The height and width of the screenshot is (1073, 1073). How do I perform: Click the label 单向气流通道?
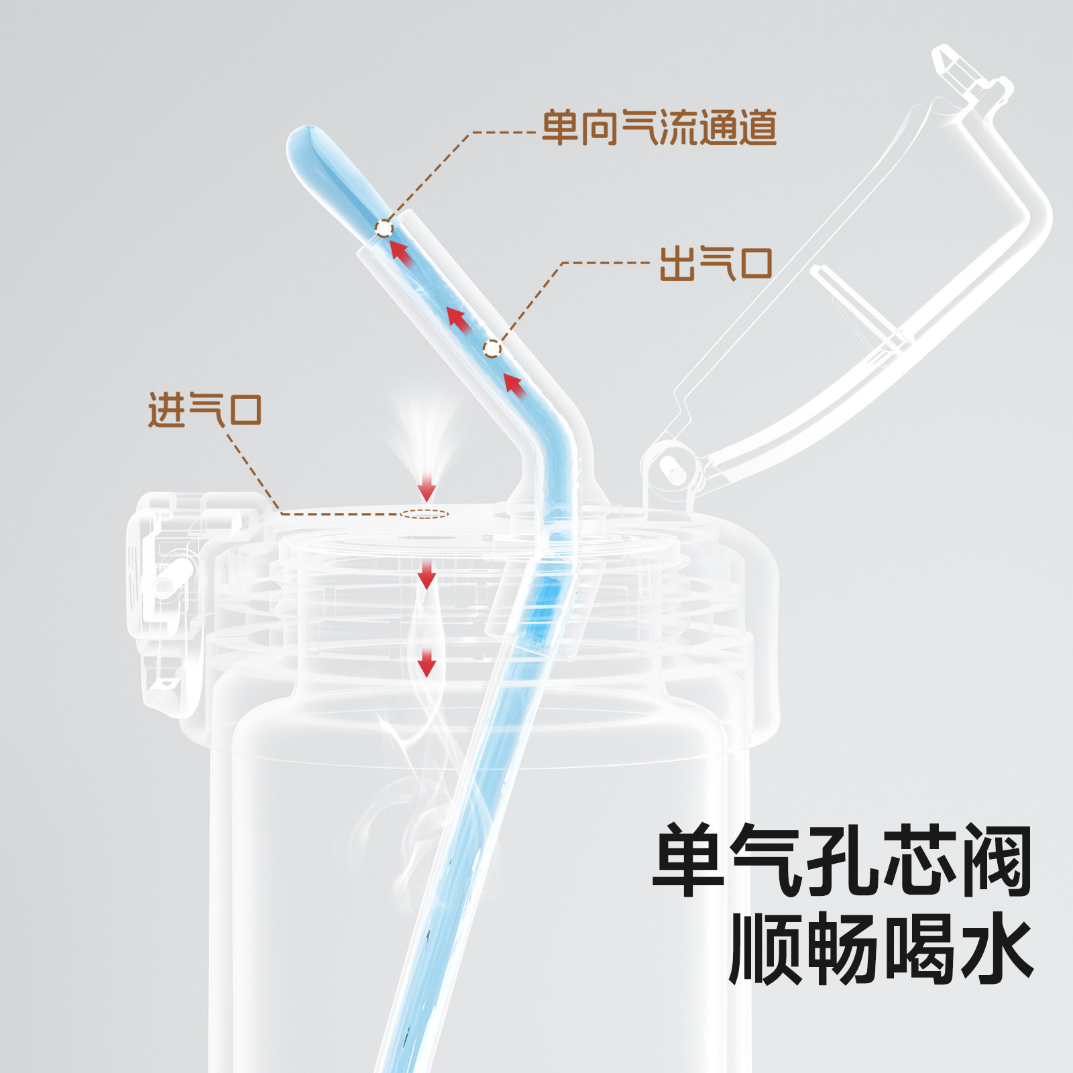(659, 127)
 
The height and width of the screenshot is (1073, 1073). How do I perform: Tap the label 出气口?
(716, 263)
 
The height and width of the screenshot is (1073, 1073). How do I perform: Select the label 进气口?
(205, 410)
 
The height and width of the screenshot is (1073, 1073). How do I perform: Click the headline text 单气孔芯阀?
(842, 861)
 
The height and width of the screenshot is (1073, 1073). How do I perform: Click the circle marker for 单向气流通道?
(384, 229)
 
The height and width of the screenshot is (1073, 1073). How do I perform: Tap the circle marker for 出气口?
(492, 349)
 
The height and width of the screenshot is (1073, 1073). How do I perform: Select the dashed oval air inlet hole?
(425, 514)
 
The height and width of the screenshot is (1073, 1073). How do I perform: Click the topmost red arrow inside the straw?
(400, 253)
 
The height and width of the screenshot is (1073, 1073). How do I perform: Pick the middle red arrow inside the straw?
(458, 319)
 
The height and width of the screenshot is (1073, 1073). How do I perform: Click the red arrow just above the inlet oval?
(427, 489)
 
